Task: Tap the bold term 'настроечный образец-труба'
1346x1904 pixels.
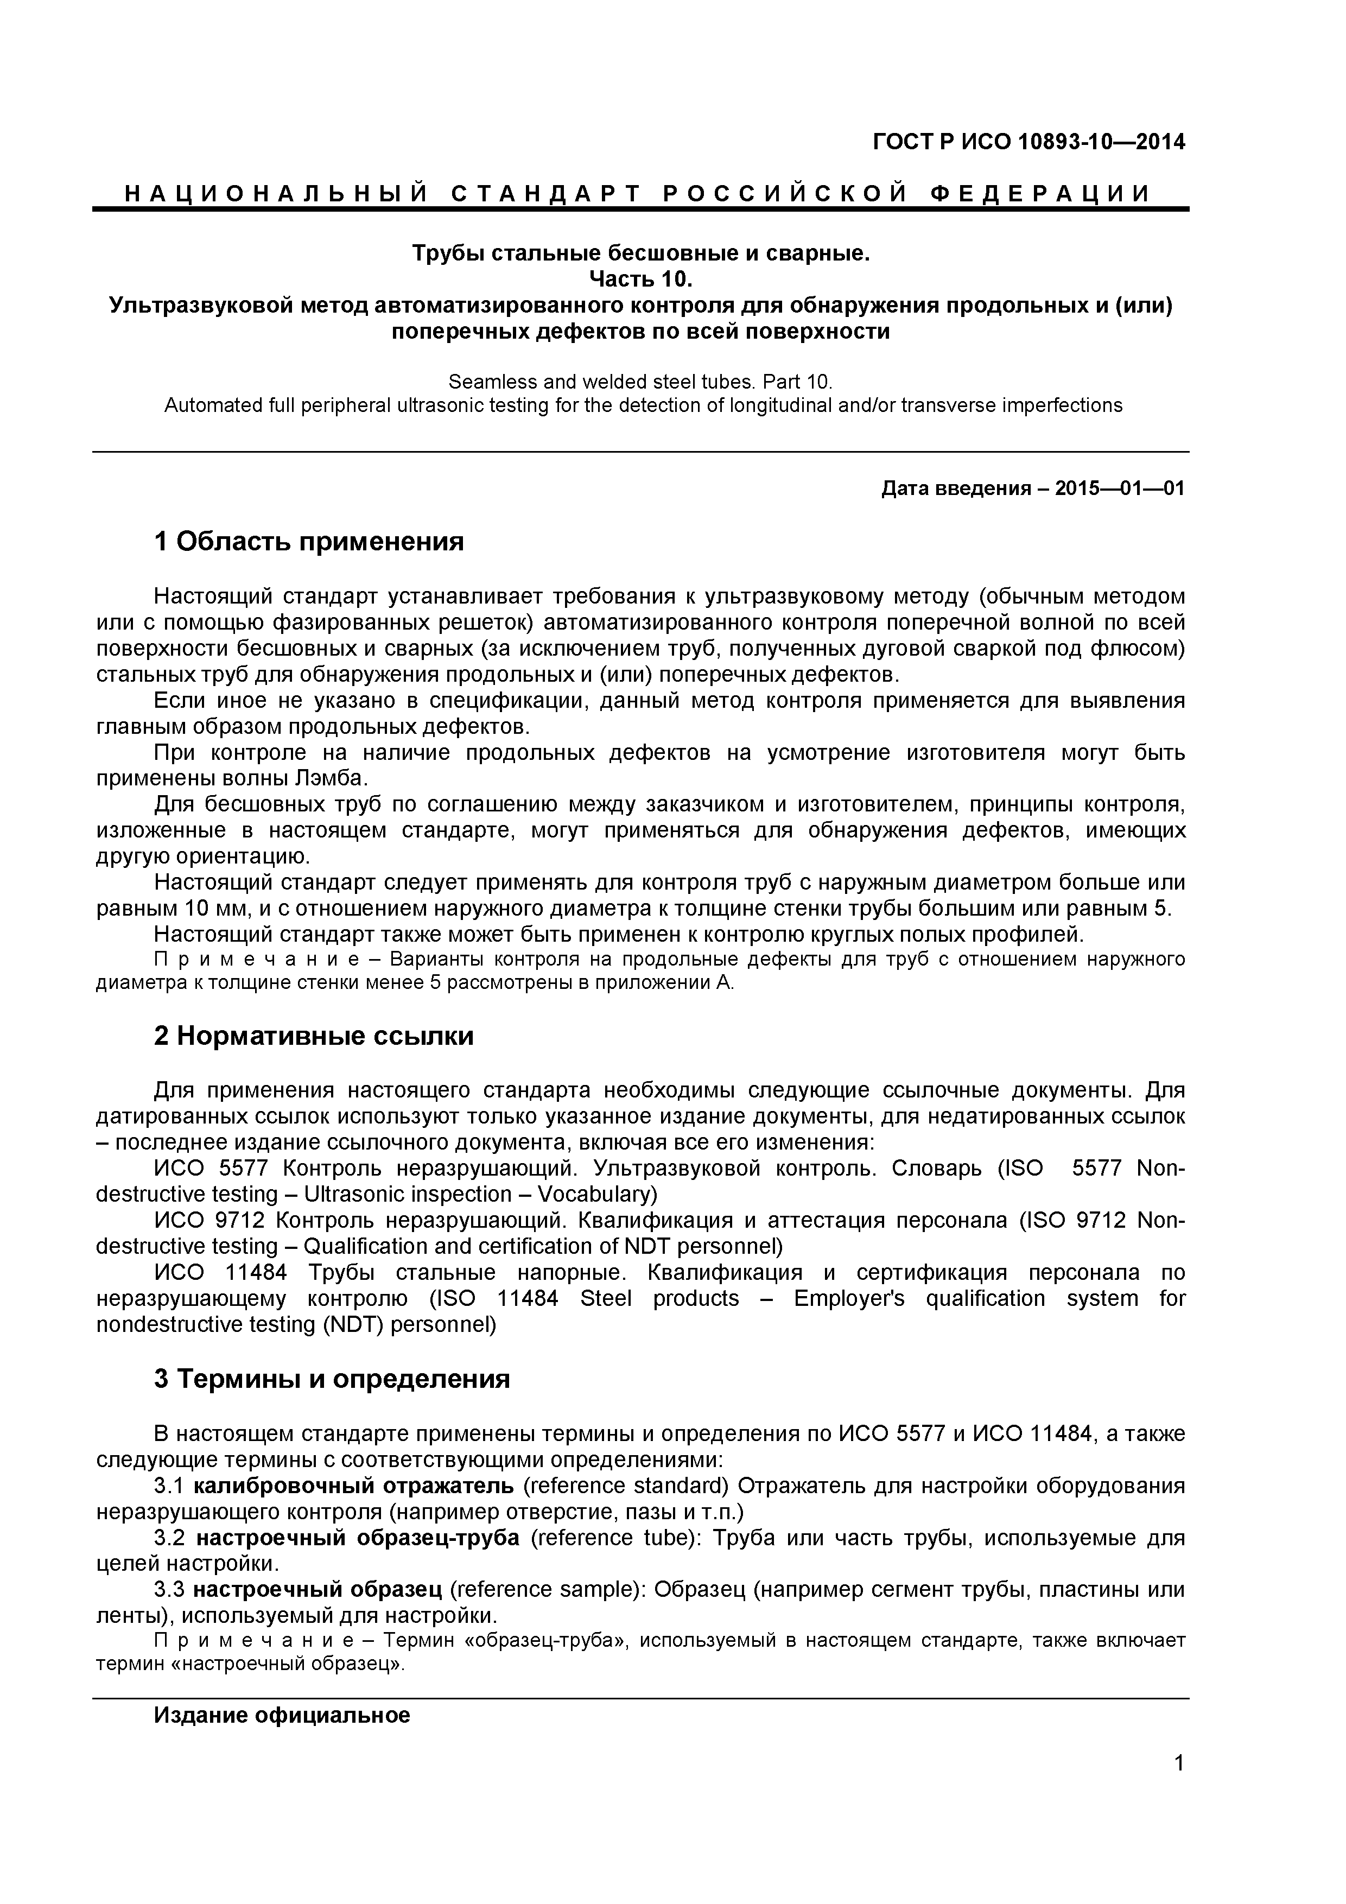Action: [x=358, y=1538]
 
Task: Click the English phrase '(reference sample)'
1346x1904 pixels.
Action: [x=548, y=1590]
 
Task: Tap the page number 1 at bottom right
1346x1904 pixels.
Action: [x=1178, y=1786]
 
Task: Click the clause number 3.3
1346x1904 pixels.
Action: [x=169, y=1590]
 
